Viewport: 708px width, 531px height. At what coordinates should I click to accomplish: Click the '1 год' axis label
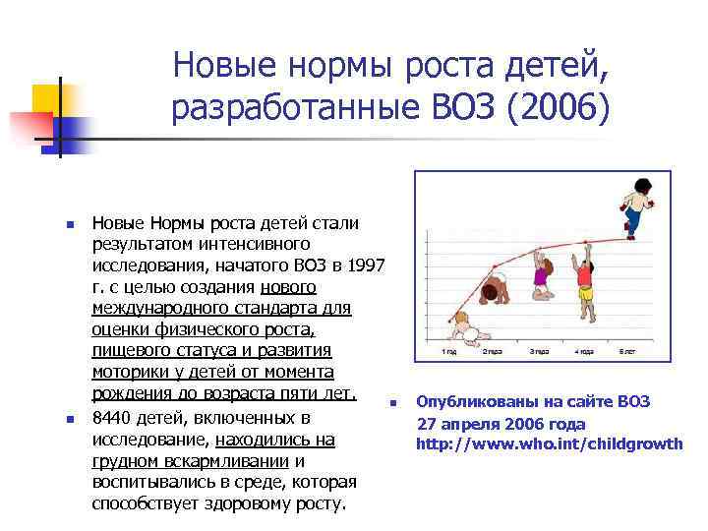pyautogui.click(x=449, y=351)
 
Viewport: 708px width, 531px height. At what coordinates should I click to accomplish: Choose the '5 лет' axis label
pyautogui.click(x=628, y=351)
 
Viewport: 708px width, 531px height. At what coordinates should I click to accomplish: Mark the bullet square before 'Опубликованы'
pyautogui.click(x=391, y=402)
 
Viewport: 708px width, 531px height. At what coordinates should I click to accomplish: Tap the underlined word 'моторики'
pyautogui.click(x=127, y=373)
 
